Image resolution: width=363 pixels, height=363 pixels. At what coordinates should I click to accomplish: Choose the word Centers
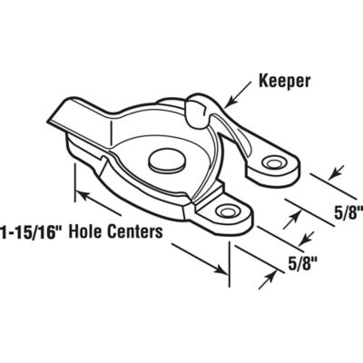pos(137,231)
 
